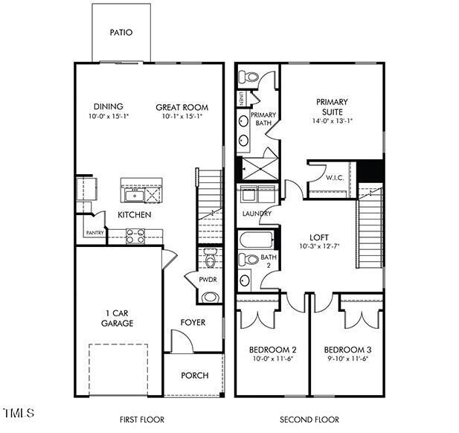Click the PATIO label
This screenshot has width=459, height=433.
coord(121,33)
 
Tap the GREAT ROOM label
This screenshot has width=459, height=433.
coord(179,107)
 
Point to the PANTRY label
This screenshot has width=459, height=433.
coord(95,234)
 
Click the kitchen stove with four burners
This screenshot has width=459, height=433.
coord(135,236)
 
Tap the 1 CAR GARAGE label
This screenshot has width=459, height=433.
coord(118,318)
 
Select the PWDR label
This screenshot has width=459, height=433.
coord(208,280)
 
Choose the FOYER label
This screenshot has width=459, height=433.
coord(193,322)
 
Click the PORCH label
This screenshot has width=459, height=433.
coord(195,375)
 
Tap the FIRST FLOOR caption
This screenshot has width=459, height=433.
coord(142,420)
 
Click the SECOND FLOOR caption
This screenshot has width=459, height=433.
coord(309,420)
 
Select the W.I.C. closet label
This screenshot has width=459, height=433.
coord(334,178)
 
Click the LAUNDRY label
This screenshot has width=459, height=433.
coord(257,214)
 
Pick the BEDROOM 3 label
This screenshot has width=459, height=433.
coord(347,349)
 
